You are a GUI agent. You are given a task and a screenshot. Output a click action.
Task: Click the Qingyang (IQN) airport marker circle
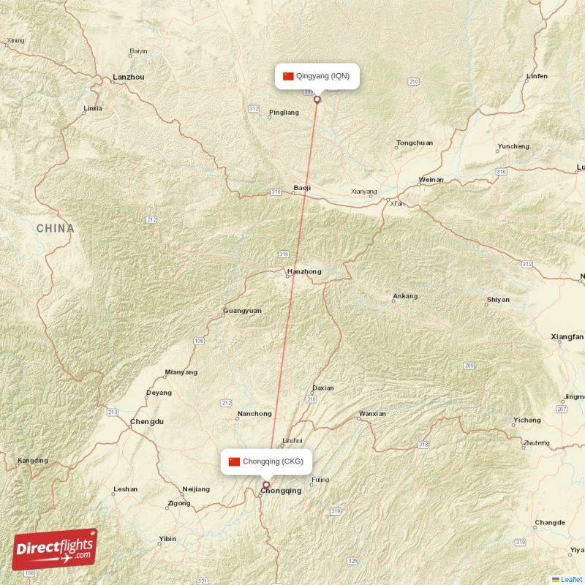click(x=317, y=99)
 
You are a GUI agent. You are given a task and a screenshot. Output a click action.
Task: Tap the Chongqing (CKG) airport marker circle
click(x=266, y=484)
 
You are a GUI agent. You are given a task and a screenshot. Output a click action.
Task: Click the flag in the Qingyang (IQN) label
click(x=288, y=76)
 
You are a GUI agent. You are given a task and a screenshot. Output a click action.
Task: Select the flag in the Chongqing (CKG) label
click(x=234, y=461)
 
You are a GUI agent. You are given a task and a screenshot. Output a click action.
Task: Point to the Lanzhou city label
click(x=129, y=77)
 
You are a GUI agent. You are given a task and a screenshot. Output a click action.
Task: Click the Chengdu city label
click(x=147, y=422)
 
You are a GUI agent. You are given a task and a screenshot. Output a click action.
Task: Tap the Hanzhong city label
click(x=304, y=272)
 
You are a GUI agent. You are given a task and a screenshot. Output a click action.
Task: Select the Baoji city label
click(x=302, y=188)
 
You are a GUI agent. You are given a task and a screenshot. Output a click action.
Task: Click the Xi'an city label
click(x=397, y=204)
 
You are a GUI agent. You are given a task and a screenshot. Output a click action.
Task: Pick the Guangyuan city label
click(x=242, y=311)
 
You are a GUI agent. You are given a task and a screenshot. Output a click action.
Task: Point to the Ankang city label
click(x=405, y=296)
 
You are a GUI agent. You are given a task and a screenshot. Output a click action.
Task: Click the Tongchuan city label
click(x=414, y=143)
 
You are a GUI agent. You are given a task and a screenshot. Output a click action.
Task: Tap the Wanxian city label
click(x=372, y=414)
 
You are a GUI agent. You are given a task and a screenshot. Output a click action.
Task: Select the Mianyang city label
click(x=181, y=372)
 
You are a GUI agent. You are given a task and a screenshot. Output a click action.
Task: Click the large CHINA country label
click(x=56, y=228)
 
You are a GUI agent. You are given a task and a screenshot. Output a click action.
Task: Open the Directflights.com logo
click(x=55, y=549)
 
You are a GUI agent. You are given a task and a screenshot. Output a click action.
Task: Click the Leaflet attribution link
click(x=571, y=580)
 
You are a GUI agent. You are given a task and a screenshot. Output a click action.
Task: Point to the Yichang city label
click(x=526, y=420)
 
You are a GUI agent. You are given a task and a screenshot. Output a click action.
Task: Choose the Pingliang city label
click(x=284, y=113)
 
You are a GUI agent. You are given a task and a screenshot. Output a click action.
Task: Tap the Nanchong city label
click(x=254, y=414)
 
